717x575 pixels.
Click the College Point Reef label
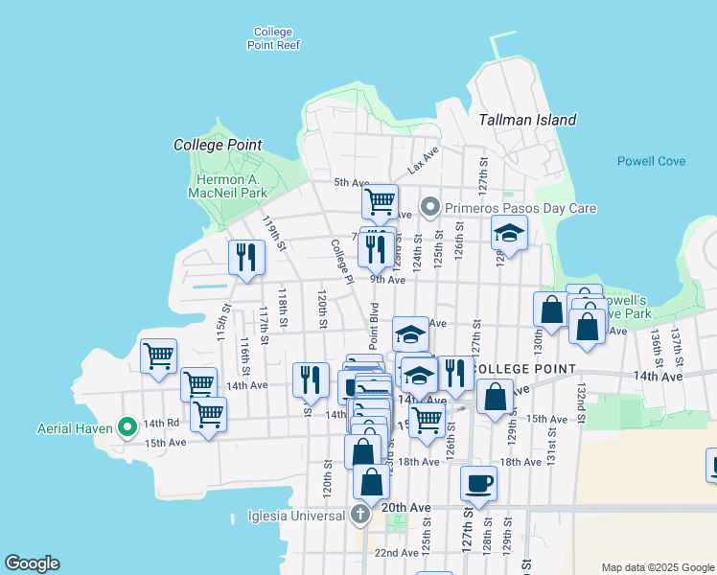point(273,38)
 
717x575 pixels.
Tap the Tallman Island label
point(527,120)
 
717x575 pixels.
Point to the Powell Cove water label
point(651,161)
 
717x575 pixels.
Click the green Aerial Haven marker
point(127,426)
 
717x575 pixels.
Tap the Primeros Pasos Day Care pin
point(430,207)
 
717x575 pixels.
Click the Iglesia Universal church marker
point(360,516)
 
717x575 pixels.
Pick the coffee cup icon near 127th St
point(478,482)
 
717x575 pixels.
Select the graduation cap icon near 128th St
point(510,233)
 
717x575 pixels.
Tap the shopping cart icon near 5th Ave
point(380,201)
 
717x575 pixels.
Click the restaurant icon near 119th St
point(246,257)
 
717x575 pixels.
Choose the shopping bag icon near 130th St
point(551,310)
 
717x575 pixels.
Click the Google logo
point(32,563)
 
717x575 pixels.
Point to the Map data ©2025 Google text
point(656,566)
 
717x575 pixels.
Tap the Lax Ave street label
point(423,160)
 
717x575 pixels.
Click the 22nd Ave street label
point(396,553)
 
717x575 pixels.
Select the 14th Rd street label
point(161,423)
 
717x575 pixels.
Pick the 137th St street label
point(676,340)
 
